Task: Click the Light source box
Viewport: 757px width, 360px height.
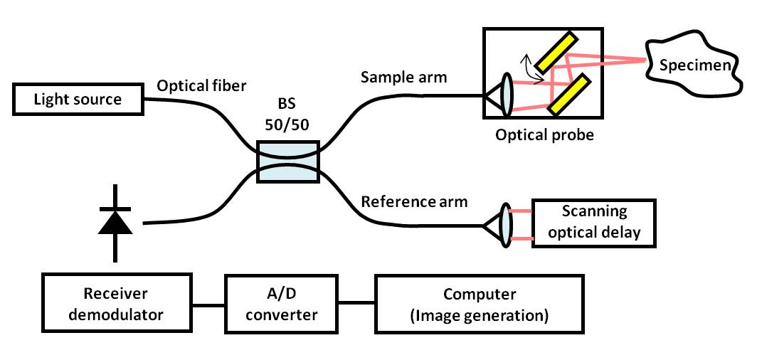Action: (x=78, y=99)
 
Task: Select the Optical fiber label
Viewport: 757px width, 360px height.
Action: (x=201, y=86)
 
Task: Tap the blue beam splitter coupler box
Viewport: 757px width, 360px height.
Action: (x=287, y=162)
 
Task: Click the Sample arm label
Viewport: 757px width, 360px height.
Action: (x=403, y=76)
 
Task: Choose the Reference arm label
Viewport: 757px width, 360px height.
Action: (x=414, y=201)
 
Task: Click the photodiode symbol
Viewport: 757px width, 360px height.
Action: (x=115, y=222)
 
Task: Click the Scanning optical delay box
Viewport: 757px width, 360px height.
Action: (x=594, y=222)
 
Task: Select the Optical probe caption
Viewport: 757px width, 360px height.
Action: (x=544, y=133)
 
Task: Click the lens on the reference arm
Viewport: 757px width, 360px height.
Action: (x=506, y=225)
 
